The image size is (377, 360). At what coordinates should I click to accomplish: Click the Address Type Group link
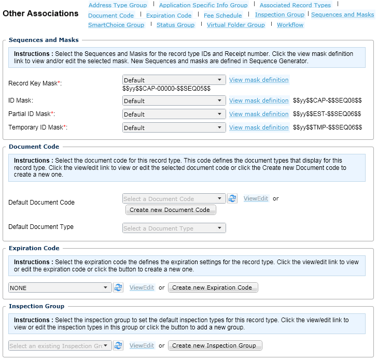click(x=117, y=5)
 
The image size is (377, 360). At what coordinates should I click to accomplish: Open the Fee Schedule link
click(x=222, y=16)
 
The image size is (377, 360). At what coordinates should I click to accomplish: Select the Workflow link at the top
click(x=290, y=25)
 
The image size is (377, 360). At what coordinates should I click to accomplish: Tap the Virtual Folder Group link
click(x=235, y=25)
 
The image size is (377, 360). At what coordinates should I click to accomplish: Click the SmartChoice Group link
click(x=116, y=25)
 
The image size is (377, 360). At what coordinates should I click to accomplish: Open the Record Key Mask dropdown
click(x=174, y=80)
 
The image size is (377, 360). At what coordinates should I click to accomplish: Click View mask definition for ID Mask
click(x=258, y=100)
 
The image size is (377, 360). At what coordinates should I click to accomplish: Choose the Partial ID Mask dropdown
click(x=174, y=114)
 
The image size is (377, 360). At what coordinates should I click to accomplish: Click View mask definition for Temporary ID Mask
click(x=258, y=127)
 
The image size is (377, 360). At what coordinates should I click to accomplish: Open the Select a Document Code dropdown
click(x=174, y=198)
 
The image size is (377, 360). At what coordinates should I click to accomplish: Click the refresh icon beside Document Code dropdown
click(x=232, y=198)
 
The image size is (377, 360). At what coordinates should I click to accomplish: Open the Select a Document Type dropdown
click(x=174, y=228)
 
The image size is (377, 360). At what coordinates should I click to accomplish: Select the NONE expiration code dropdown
click(x=60, y=287)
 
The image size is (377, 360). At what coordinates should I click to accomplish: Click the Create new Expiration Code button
click(x=212, y=287)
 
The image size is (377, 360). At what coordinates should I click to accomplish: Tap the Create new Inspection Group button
click(x=214, y=345)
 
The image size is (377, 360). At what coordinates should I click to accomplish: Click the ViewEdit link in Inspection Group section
click(x=142, y=345)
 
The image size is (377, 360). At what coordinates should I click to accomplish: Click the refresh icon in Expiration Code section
click(x=118, y=287)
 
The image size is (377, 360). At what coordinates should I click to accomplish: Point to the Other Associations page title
click(x=40, y=13)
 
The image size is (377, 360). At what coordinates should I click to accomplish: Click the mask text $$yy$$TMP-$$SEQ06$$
click(x=327, y=127)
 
